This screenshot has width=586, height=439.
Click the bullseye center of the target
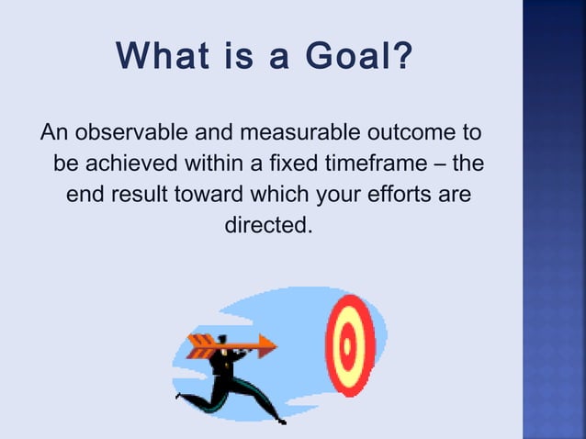pos(348,344)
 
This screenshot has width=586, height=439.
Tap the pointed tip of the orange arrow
pos(275,346)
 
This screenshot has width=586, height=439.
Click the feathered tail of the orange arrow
pos(197,346)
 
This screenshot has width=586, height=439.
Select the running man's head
pos(226,337)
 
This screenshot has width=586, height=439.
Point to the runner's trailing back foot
pos(179,398)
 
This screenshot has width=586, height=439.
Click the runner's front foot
pos(281,420)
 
